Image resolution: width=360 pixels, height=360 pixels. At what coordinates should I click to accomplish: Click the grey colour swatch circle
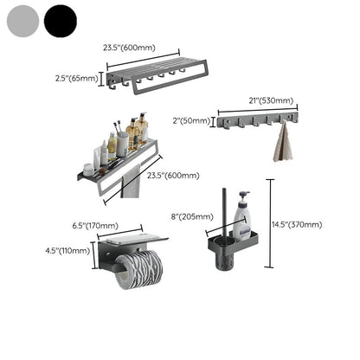coord(22,19)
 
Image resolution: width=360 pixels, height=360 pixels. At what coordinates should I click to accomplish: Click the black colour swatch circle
coord(61,19)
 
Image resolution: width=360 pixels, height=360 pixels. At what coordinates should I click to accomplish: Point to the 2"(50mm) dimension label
coord(193,122)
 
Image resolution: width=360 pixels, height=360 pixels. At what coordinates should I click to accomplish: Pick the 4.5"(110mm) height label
coord(67,250)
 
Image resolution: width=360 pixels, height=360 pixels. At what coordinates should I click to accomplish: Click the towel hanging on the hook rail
coord(282,143)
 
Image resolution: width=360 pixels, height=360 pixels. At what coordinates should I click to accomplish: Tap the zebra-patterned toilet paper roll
coord(138,269)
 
